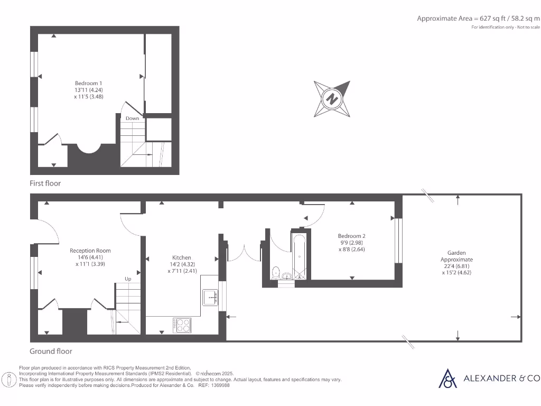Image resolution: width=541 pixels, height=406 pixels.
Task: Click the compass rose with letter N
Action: [332, 99]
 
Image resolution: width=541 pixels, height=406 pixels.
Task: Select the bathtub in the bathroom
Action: [299, 256]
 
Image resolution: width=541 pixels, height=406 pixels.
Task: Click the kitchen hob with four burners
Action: [182, 325]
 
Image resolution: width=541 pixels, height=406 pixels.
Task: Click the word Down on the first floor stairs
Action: [132, 118]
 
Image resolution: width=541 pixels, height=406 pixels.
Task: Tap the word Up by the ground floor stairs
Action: [128, 279]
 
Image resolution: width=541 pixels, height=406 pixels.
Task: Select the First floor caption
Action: [45, 183]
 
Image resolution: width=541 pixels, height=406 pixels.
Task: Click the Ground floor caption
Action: [51, 351]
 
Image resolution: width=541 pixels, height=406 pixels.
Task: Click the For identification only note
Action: [506, 27]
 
